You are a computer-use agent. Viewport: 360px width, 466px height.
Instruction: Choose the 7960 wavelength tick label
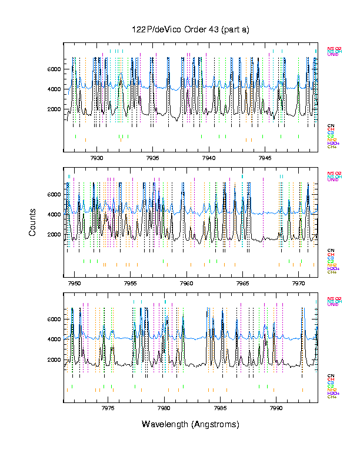(x=187, y=283)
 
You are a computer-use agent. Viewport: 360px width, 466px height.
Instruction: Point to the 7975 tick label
(x=108, y=408)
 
